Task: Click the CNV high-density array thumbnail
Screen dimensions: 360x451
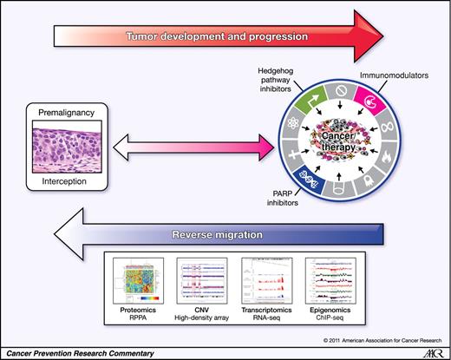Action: click(x=202, y=280)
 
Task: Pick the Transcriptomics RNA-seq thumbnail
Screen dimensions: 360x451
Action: click(x=264, y=280)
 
